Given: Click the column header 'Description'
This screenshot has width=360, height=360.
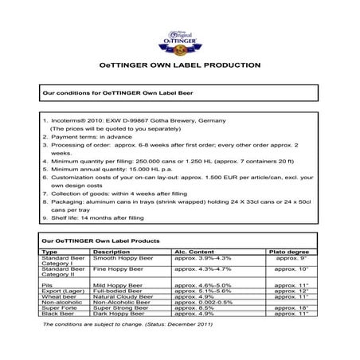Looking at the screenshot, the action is pos(112,251).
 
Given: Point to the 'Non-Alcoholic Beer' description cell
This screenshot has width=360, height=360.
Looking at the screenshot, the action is pos(123,303).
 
